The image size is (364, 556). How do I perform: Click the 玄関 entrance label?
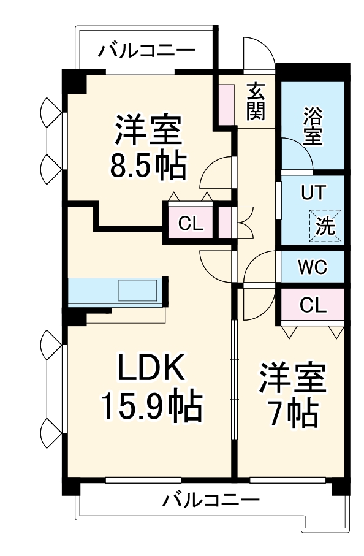click(256, 101)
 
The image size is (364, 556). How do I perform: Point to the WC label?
click(313, 267)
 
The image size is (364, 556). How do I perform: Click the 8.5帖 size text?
click(148, 164)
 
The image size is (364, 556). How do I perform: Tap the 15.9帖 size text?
click(151, 405)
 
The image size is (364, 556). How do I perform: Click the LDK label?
click(151, 369)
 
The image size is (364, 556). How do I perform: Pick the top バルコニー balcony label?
click(146, 50)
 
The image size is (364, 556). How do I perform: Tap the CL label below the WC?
click(313, 305)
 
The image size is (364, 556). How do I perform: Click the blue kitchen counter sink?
click(138, 291)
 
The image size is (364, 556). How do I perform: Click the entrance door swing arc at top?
click(257, 51)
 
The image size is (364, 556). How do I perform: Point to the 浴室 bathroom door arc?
click(297, 153)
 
